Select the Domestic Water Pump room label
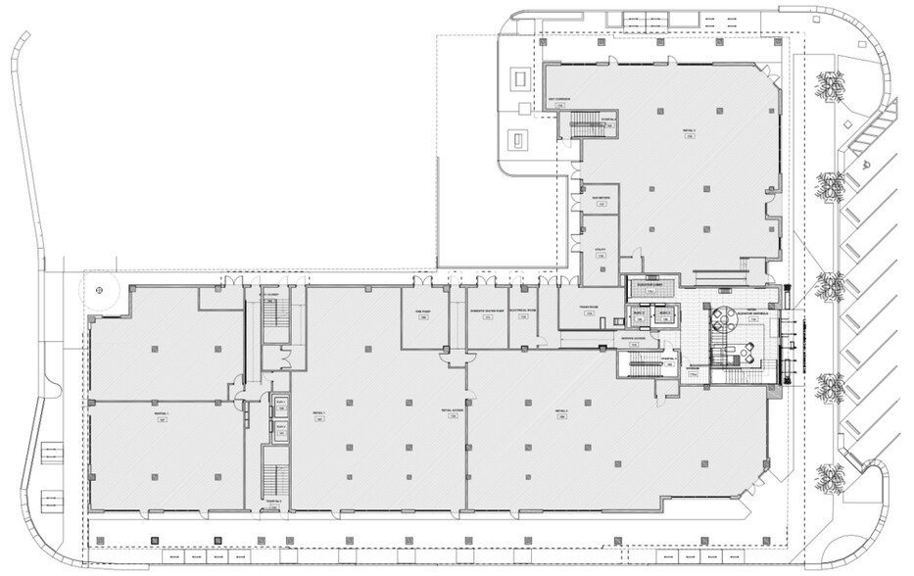coord(487,311)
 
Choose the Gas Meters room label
coord(601,199)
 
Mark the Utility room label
coord(601,250)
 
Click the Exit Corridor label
coord(559,100)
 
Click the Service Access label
coord(632,340)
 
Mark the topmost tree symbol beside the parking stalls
coord(832,86)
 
